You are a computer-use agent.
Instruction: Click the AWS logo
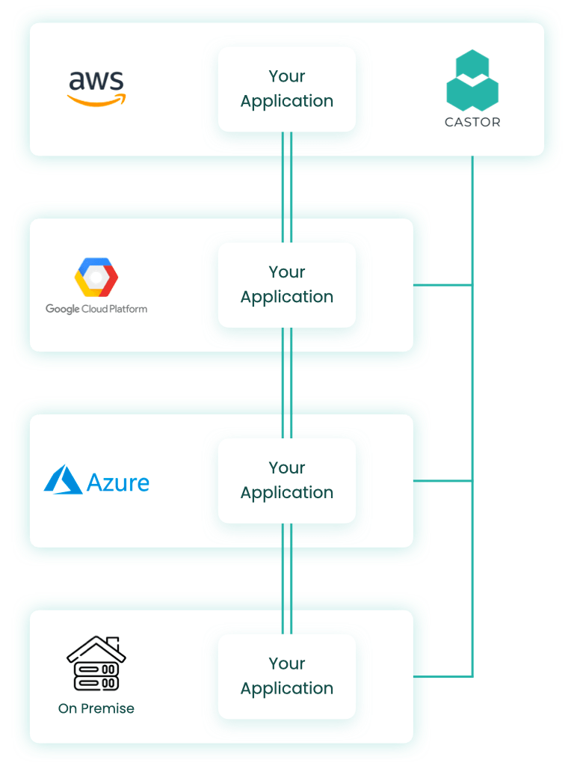point(97,88)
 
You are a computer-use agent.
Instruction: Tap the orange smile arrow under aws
point(99,99)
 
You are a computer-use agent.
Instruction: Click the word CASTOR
point(472,122)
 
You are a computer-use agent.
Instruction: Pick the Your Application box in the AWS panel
point(287,89)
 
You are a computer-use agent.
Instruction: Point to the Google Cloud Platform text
point(96,309)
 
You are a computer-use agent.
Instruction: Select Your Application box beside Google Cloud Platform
point(287,285)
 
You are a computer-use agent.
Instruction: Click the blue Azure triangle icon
point(63,480)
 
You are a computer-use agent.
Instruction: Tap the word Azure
point(118,482)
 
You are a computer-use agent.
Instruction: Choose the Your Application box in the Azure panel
point(287,480)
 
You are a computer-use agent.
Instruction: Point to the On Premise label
point(96,708)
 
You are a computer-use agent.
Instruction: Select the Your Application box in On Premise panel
point(287,676)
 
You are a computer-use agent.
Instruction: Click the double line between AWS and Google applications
point(287,187)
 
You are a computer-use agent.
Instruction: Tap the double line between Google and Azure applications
point(287,382)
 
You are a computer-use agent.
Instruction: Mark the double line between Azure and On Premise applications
point(287,578)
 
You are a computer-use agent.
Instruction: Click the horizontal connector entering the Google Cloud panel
point(448,285)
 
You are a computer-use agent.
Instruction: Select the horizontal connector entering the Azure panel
point(448,481)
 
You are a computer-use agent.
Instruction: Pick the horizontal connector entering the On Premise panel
point(448,677)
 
